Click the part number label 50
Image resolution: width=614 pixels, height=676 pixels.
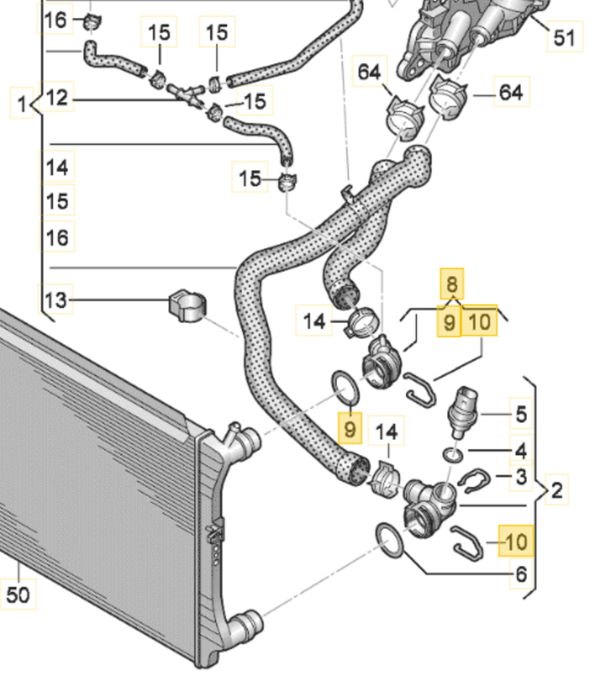click(x=18, y=595)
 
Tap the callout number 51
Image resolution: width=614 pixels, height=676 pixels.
click(x=565, y=38)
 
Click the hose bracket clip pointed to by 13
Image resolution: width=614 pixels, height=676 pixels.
click(x=187, y=306)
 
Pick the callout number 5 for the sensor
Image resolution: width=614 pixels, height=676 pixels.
click(x=521, y=414)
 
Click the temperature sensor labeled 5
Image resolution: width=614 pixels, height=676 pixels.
click(x=462, y=412)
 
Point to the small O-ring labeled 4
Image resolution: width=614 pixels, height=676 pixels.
click(x=453, y=455)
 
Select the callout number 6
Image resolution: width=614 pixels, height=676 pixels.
click(x=522, y=574)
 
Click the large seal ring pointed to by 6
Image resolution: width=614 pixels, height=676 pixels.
click(x=391, y=540)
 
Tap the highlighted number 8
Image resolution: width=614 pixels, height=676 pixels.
click(x=452, y=284)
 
